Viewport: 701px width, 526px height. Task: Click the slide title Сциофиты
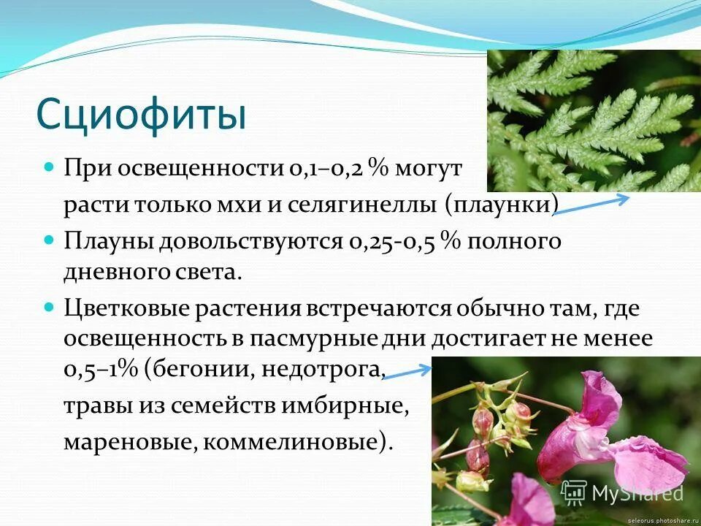coord(140,115)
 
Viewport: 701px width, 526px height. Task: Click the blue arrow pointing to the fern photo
coord(591,204)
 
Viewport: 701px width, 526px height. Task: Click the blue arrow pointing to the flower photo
coord(407,373)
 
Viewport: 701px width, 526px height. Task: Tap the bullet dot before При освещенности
coord(50,167)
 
